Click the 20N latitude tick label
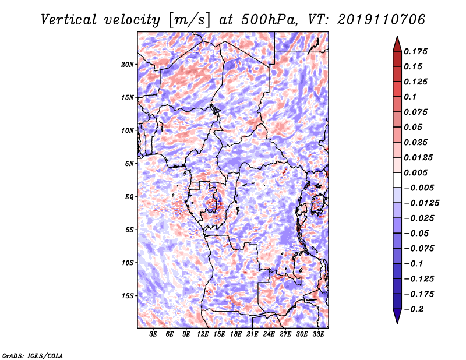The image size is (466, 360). (128, 65)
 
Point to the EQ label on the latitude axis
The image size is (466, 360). (129, 197)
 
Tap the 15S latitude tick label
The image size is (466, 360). (128, 296)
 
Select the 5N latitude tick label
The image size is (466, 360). (129, 164)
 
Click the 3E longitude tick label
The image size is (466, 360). (153, 334)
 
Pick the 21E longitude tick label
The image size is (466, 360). (252, 334)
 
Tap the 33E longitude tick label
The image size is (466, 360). (318, 334)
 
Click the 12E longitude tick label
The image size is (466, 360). (202, 334)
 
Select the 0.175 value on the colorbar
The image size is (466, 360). (415, 51)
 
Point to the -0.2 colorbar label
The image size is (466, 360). (414, 309)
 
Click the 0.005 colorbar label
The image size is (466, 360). (415, 172)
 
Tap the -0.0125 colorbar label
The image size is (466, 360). (421, 203)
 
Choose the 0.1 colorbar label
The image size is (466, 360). (410, 97)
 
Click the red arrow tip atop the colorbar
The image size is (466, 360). (397, 36)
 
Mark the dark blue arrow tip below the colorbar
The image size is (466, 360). (397, 323)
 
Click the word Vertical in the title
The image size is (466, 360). (69, 20)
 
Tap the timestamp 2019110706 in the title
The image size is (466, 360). (382, 20)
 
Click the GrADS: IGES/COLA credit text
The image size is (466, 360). (33, 355)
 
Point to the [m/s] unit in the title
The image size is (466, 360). (189, 20)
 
